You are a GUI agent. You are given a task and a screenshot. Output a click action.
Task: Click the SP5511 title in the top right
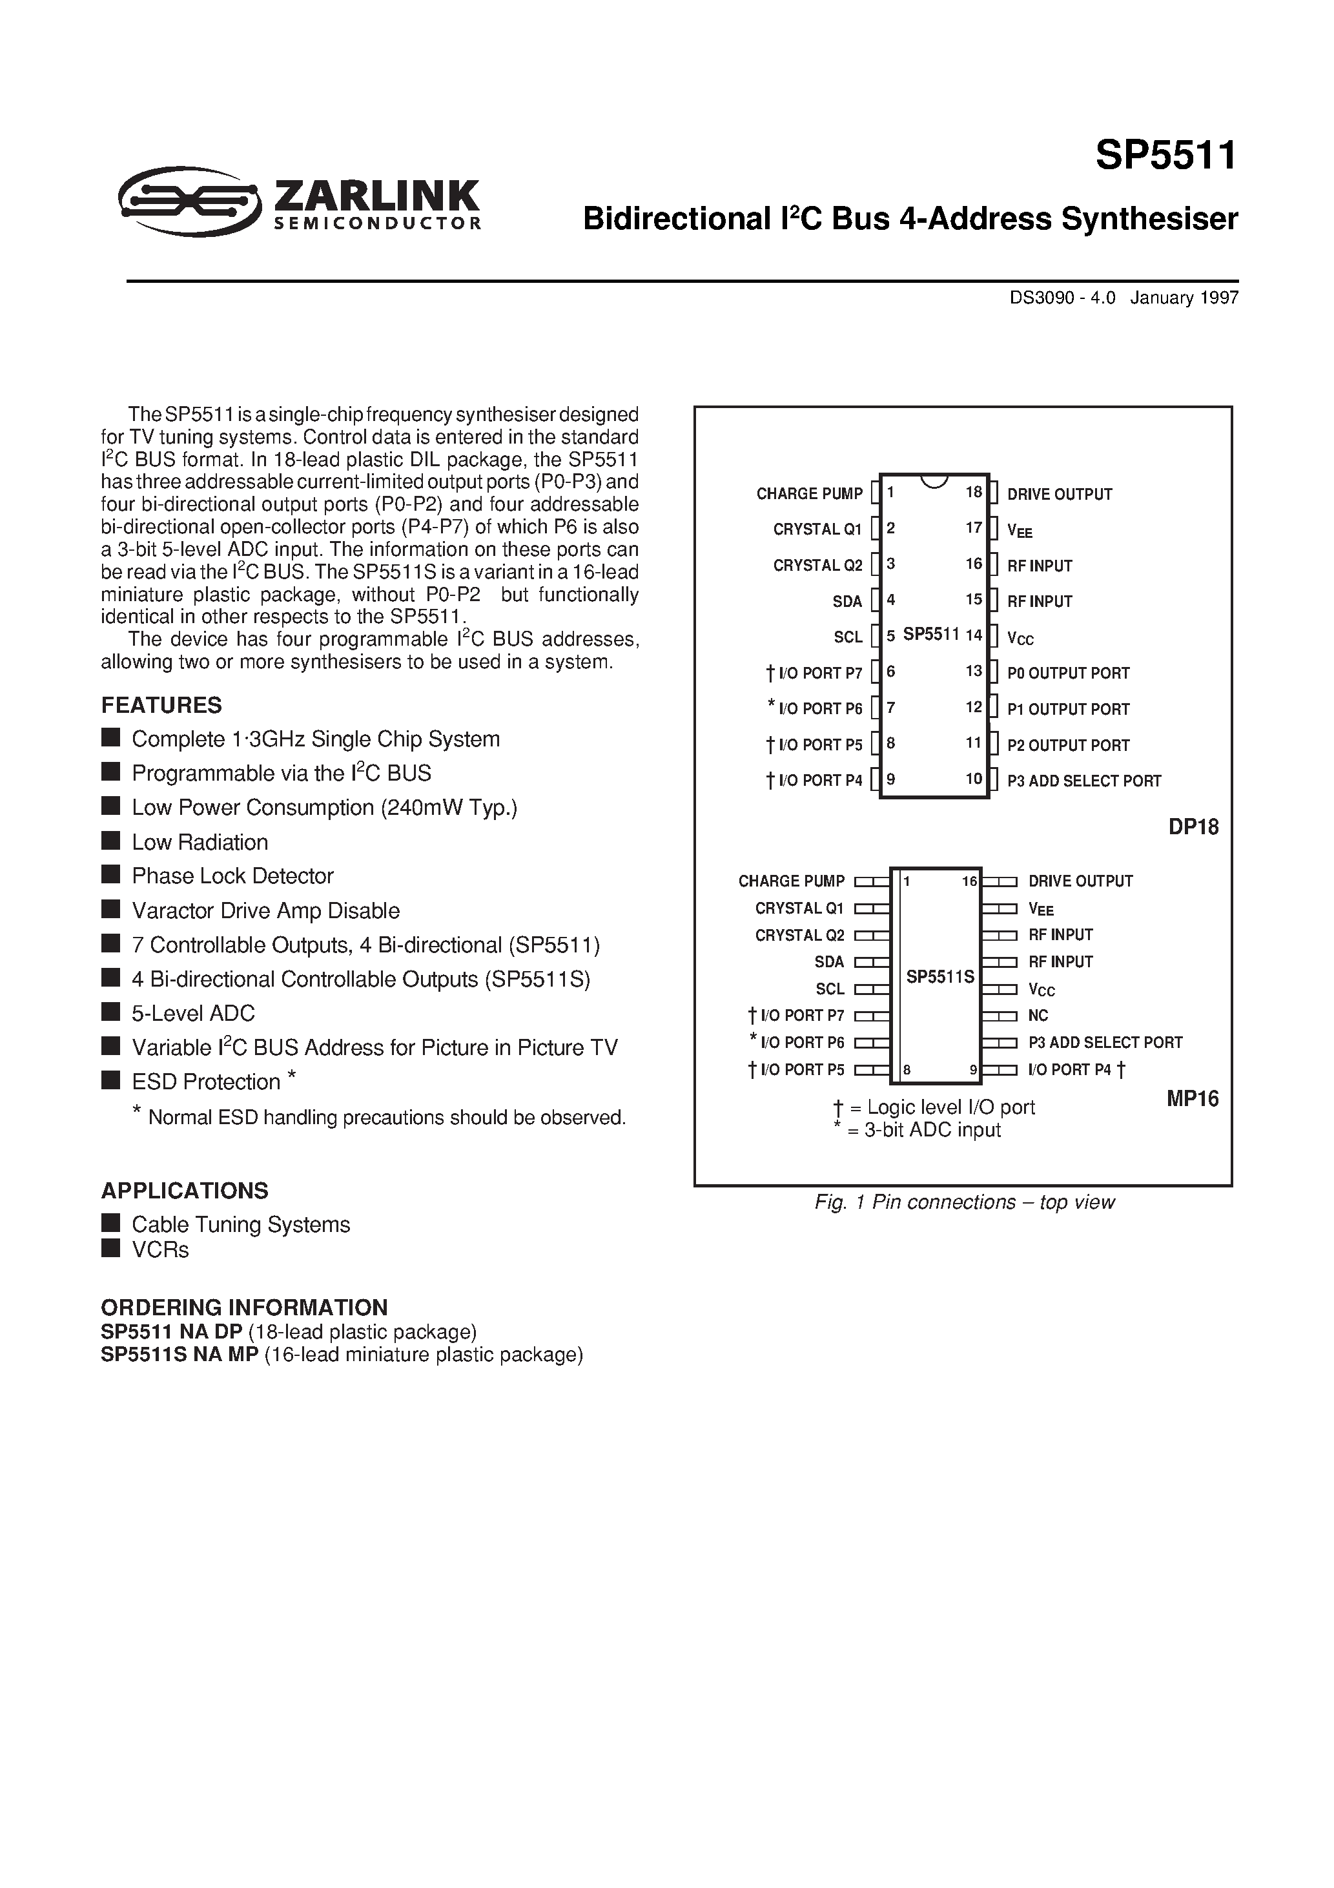point(1165,156)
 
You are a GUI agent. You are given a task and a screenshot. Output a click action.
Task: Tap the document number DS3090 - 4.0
point(1062,298)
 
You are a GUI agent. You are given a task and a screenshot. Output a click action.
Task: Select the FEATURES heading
point(161,706)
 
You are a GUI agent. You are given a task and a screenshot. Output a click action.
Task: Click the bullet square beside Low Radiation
point(110,841)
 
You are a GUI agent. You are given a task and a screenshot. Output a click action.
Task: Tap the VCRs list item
point(160,1250)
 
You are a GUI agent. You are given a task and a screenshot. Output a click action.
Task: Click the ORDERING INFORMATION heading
point(244,1308)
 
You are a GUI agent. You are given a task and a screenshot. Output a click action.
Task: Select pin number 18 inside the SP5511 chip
point(974,493)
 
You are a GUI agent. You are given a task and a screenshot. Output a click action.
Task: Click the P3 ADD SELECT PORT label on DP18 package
point(1083,781)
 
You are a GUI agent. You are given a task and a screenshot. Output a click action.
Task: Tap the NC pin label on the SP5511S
point(1038,1016)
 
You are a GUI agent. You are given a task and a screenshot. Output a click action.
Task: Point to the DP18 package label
point(1193,826)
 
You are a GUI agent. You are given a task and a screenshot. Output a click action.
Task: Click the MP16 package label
point(1193,1098)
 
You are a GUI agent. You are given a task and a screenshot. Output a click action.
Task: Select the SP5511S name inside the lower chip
point(940,977)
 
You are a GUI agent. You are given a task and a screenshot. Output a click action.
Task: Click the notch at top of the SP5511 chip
point(934,481)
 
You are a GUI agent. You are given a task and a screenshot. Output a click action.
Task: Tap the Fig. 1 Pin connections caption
point(964,1202)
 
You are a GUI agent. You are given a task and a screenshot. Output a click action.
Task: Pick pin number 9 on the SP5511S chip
point(973,1070)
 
